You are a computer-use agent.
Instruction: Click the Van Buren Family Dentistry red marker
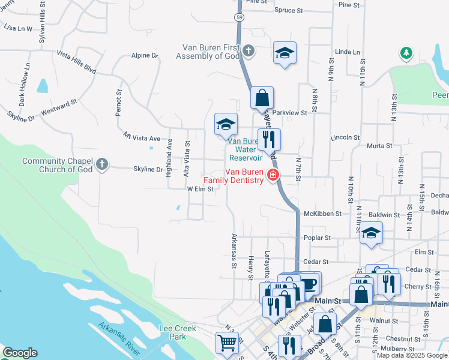(x=273, y=175)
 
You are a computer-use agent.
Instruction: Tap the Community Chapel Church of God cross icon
(x=103, y=163)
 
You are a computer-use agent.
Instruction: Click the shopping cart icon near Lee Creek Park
(x=228, y=344)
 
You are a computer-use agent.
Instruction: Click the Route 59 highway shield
(x=240, y=18)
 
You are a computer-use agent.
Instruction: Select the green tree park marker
(x=406, y=53)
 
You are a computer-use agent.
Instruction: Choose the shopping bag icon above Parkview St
(x=262, y=98)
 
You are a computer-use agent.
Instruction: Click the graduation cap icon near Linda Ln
(x=285, y=53)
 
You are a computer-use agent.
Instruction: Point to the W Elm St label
(x=200, y=189)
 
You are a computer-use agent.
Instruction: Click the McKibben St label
(x=322, y=214)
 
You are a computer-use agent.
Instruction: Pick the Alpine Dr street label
(x=144, y=56)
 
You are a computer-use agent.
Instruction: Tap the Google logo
(x=20, y=353)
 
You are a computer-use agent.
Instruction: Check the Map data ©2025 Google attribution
(x=412, y=355)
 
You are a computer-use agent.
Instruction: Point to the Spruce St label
(x=291, y=10)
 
